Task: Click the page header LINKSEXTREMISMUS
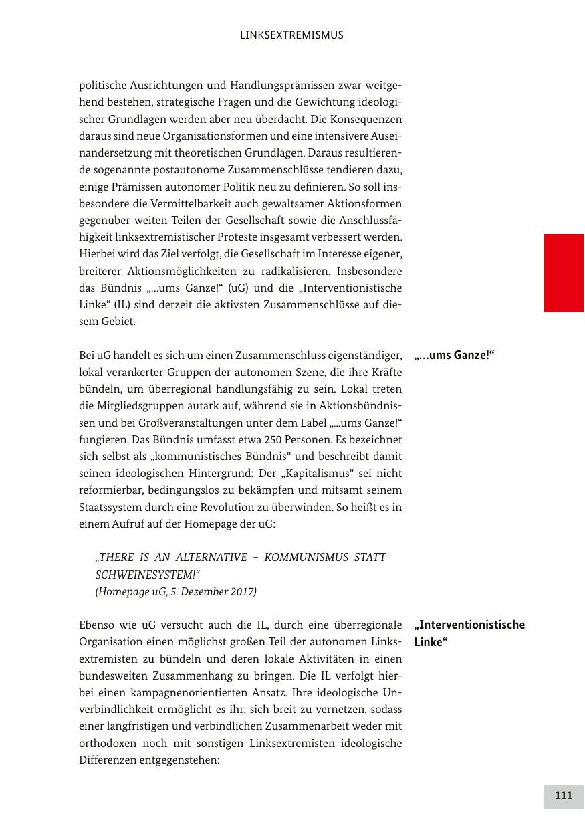pos(291,35)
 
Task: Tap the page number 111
pos(564,796)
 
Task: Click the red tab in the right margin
pos(564,273)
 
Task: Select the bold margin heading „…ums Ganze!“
pos(454,355)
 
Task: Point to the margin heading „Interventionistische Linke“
pos(469,633)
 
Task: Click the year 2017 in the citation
pos(245,592)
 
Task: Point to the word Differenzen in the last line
pos(108,760)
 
